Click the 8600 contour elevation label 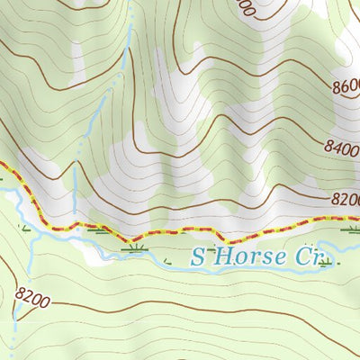point(346,87)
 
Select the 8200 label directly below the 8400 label point(346,200)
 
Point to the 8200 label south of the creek point(32,293)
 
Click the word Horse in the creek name point(249,257)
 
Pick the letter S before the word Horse point(200,257)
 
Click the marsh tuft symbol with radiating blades point(135,245)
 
